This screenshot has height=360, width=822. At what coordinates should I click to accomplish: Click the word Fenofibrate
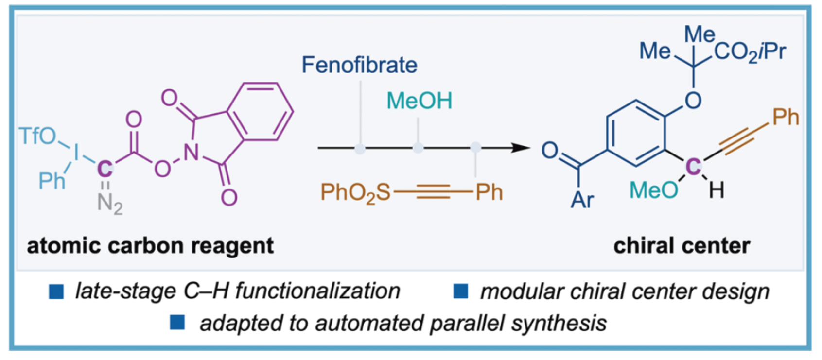tap(359, 65)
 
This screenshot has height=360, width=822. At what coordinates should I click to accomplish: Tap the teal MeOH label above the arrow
tap(419, 101)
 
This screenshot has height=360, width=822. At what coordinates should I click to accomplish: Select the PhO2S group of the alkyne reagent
tap(355, 193)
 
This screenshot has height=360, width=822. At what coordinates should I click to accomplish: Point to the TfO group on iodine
tap(37, 136)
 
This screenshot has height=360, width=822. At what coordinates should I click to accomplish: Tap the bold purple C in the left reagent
tap(105, 169)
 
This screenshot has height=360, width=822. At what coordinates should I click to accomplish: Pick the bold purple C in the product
tap(693, 167)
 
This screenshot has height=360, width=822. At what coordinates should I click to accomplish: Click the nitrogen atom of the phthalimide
tap(191, 153)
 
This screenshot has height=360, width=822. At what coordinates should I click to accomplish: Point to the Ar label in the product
tap(582, 199)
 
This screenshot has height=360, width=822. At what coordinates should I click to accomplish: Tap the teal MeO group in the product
tap(653, 190)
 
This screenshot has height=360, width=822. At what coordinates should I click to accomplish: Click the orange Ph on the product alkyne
tap(786, 117)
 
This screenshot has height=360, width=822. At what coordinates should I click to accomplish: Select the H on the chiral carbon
tap(717, 190)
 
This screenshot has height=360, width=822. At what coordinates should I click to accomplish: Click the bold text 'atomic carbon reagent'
tap(150, 246)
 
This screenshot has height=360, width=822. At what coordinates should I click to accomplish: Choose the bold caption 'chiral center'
tap(682, 246)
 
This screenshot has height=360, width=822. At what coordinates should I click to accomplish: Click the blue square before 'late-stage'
tap(57, 291)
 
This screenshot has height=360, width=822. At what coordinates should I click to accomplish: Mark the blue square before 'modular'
tap(461, 291)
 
